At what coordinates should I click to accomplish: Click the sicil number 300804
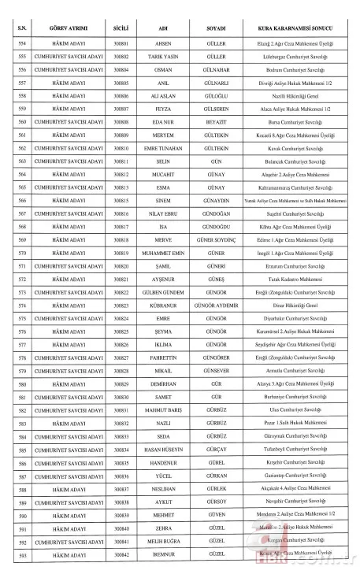pyautogui.click(x=121, y=70)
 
